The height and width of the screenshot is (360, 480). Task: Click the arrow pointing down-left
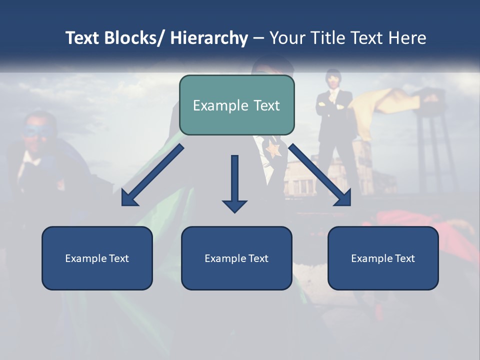click(x=152, y=175)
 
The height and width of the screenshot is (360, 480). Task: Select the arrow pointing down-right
click(x=320, y=175)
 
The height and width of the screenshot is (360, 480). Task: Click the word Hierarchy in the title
click(x=209, y=38)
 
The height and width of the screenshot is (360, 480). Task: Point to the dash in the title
click(x=258, y=38)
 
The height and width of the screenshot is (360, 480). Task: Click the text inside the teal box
click(x=236, y=105)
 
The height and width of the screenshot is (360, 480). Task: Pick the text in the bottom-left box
click(x=97, y=258)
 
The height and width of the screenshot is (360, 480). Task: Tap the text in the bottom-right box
click(x=383, y=258)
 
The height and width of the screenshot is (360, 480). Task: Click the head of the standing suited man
click(x=332, y=79)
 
